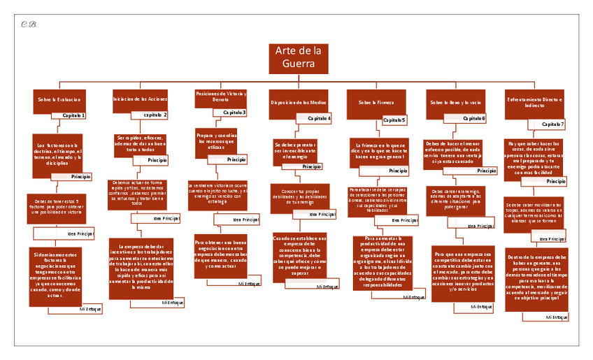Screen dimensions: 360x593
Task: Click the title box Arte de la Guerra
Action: click(x=299, y=59)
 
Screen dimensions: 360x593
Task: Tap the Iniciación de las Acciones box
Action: click(x=140, y=100)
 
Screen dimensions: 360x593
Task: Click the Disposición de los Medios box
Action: click(x=299, y=102)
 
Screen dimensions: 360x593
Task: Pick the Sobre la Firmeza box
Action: click(x=376, y=102)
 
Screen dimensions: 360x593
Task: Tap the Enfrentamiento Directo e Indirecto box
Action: click(x=534, y=102)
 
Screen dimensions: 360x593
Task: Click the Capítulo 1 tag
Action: click(x=73, y=115)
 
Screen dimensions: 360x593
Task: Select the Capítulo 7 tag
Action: click(x=552, y=124)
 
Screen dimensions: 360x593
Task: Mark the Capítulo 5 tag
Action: click(x=394, y=120)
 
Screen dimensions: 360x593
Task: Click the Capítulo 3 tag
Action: click(x=234, y=112)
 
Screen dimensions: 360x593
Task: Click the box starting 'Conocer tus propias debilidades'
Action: click(x=299, y=197)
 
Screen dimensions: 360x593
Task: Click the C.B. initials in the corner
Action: click(x=29, y=25)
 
